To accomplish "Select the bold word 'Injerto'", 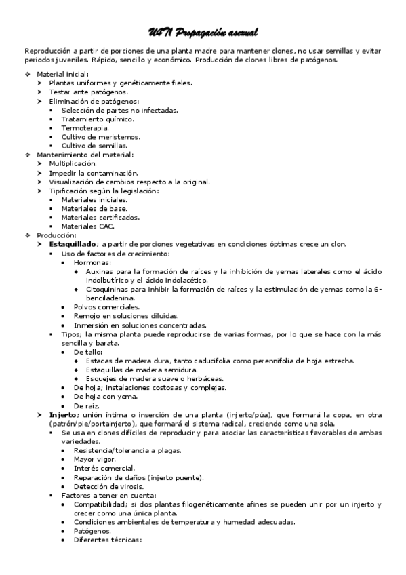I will pyautogui.click(x=64, y=414).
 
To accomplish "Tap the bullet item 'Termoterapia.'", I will pyautogui.click(x=85, y=127).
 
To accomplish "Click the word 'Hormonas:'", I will pyautogui.click(x=93, y=262).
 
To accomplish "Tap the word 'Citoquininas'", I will pyautogui.click(x=108, y=289).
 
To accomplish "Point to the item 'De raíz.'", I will pyautogui.click(x=87, y=405).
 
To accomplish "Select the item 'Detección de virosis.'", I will pyautogui.click(x=108, y=486).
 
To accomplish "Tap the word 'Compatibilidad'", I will pyautogui.click(x=100, y=504).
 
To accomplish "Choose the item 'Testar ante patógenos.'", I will pyautogui.click(x=87, y=92).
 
